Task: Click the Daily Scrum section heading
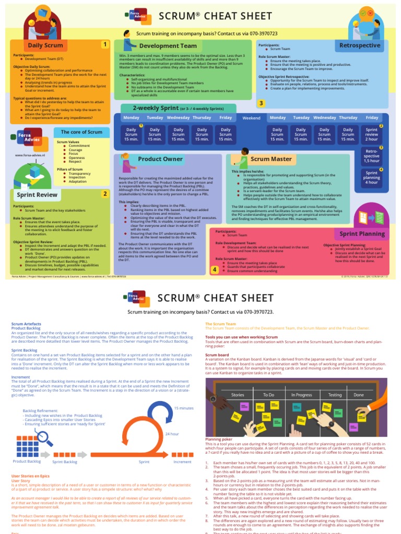tap(45, 45)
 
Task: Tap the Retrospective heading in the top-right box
tap(360, 45)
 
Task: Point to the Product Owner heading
tap(160, 159)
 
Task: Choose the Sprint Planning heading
tap(362, 234)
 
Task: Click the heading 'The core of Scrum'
tap(81, 132)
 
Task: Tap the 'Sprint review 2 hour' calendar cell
tap(372, 135)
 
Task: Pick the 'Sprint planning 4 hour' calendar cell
tap(372, 178)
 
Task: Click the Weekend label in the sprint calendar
tap(251, 118)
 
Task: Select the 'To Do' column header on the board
tap(268, 395)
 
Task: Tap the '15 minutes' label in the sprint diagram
tap(183, 408)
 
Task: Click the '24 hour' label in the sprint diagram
tap(172, 434)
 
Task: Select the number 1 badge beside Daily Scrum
tap(105, 45)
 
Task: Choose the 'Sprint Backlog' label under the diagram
tap(65, 462)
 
